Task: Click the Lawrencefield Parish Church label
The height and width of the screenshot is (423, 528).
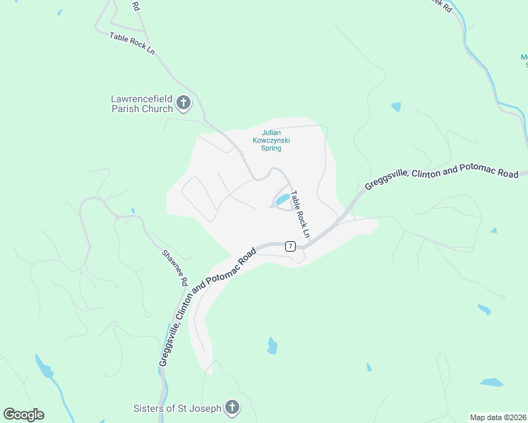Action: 142,104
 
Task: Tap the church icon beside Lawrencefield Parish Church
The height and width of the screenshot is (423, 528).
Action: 184,104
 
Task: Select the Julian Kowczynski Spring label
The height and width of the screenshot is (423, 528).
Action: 272,140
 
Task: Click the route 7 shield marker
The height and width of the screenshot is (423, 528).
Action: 290,246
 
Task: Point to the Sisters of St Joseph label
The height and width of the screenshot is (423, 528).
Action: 177,408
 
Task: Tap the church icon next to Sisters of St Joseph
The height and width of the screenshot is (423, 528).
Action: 232,407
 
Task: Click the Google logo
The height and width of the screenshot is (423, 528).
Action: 23,415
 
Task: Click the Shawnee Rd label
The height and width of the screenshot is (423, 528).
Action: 175,267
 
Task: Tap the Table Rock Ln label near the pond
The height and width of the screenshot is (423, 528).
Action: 301,214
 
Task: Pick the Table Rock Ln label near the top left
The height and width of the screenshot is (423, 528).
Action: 132,43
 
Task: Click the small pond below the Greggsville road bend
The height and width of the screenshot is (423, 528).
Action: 272,345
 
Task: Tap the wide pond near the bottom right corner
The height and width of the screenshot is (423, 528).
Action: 492,382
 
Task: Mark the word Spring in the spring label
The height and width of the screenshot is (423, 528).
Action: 272,148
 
